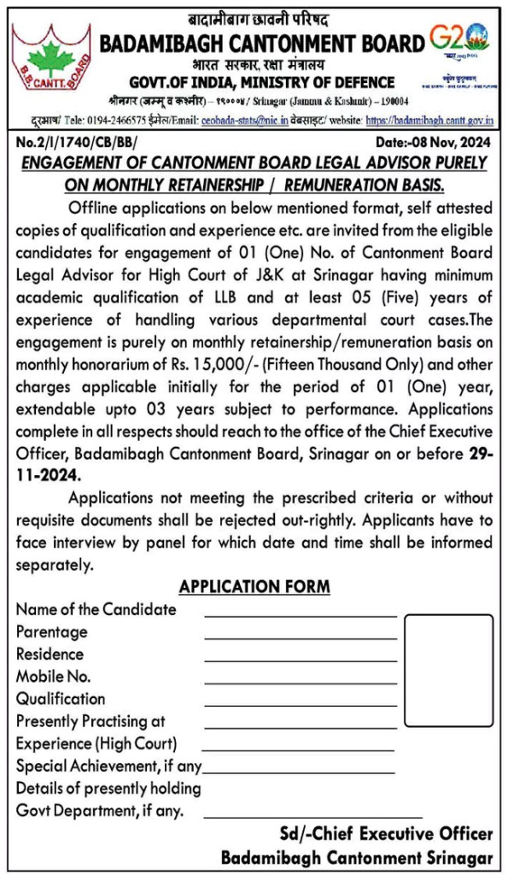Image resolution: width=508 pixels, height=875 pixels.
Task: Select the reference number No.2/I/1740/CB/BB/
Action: [74, 144]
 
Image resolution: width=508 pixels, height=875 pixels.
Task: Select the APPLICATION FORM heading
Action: [254, 587]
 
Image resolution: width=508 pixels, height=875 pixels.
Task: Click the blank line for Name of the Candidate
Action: [301, 614]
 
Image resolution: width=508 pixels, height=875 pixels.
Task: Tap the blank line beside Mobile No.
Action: [301, 681]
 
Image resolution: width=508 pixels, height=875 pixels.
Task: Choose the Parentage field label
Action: [52, 632]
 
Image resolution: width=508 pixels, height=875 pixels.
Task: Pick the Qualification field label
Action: [61, 699]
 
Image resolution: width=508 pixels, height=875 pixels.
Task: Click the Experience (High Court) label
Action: [96, 743]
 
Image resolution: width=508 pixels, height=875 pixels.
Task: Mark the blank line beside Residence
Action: [301, 659]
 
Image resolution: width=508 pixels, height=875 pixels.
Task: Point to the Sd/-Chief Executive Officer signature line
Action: [386, 834]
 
